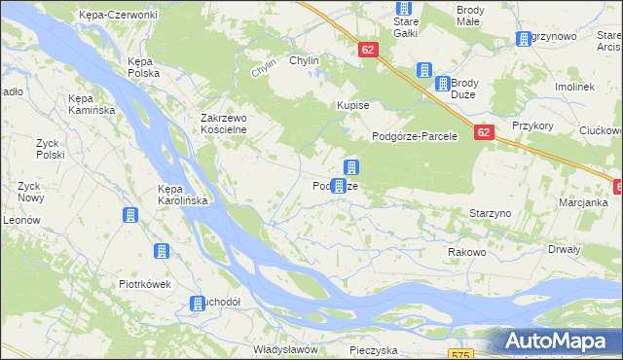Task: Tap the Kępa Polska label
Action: coord(143,67)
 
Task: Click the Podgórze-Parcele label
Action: coord(415,136)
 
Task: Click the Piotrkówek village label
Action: coord(145,285)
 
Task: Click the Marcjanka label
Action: coord(583,202)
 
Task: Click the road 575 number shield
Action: coord(461,355)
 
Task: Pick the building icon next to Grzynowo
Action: coord(524,39)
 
